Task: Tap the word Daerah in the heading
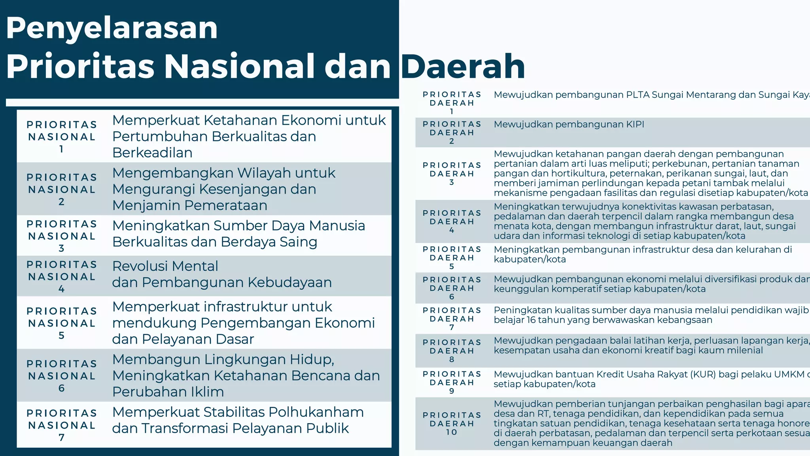[x=463, y=66]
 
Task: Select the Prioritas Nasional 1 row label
[x=62, y=137]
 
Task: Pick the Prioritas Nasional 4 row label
[x=62, y=276]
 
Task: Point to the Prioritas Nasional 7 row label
[x=62, y=425]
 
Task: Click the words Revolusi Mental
[x=165, y=266]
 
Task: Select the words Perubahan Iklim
[x=168, y=392]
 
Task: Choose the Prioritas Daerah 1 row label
[x=452, y=103]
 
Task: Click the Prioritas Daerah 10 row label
[x=452, y=424]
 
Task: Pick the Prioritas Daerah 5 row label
[x=452, y=258]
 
